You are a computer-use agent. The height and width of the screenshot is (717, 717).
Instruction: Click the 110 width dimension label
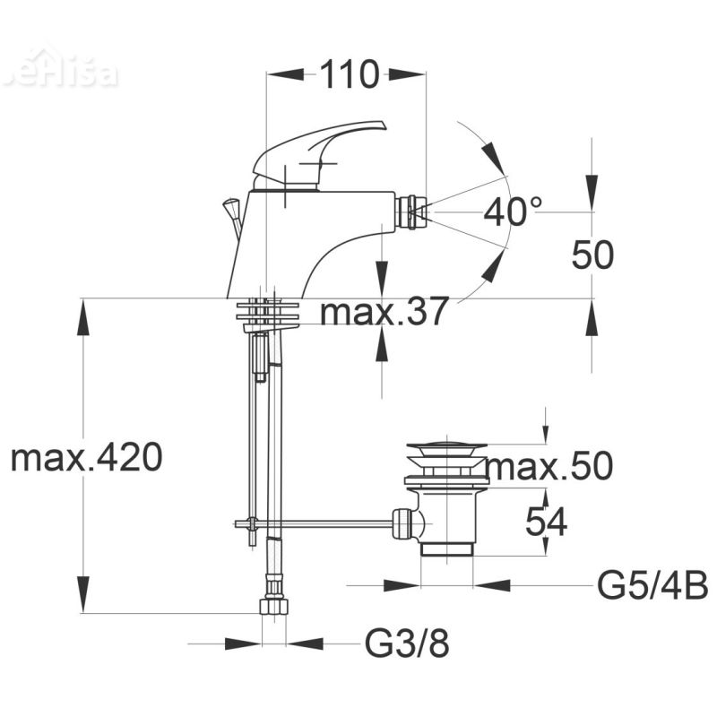click(345, 75)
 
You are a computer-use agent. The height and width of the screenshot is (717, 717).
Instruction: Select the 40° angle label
click(513, 212)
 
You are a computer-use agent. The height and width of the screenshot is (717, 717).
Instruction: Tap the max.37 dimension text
click(384, 313)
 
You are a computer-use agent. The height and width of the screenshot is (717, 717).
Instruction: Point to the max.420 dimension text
click(86, 458)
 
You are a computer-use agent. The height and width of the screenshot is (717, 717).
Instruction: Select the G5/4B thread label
click(652, 587)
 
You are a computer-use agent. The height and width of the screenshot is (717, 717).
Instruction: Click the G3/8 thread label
click(406, 644)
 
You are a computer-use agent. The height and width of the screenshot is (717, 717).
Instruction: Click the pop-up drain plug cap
click(445, 446)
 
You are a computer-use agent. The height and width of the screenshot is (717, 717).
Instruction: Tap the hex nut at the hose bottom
click(273, 606)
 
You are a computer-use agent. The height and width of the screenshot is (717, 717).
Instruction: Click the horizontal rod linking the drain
click(323, 523)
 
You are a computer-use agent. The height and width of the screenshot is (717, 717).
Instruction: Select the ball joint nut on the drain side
click(407, 523)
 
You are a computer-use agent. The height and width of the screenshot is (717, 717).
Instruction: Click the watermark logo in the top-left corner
click(59, 72)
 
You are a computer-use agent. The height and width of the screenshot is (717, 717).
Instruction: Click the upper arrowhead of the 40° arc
click(492, 159)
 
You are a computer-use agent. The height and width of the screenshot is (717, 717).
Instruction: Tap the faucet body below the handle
click(287, 242)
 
